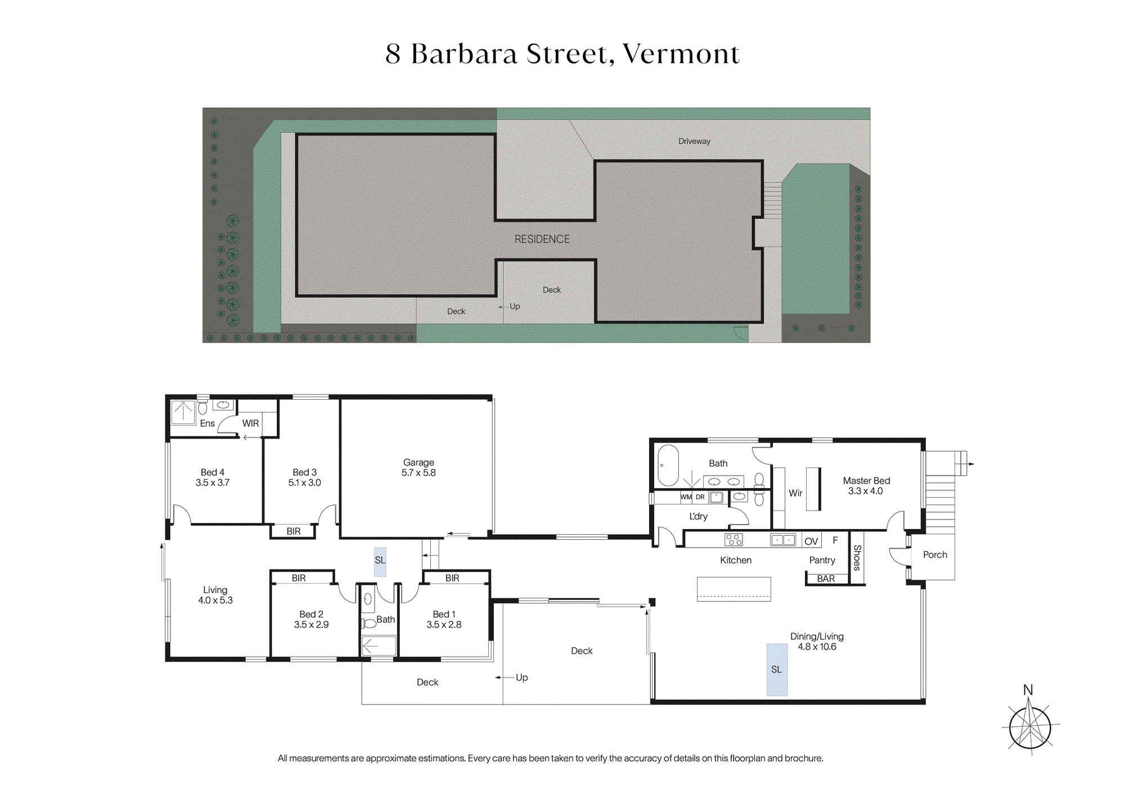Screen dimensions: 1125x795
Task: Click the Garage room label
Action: (418, 462)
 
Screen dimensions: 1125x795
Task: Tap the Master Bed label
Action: (866, 481)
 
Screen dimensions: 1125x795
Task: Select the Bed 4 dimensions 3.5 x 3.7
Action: (213, 482)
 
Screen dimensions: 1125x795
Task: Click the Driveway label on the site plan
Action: (694, 141)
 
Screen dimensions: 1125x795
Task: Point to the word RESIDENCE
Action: (542, 239)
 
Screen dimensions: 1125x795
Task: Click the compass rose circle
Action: (1030, 728)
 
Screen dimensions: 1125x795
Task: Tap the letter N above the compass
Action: (1028, 690)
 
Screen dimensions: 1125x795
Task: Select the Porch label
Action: (935, 554)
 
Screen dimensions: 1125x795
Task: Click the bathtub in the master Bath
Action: (668, 466)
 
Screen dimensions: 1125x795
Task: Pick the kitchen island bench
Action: (734, 589)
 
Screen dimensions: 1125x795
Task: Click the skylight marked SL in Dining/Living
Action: (777, 670)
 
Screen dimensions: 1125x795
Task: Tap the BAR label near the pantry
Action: (826, 579)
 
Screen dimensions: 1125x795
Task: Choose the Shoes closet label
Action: (857, 558)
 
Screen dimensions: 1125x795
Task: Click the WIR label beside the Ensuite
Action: (250, 423)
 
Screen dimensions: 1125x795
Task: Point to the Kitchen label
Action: (736, 560)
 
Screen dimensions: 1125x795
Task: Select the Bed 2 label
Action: (311, 614)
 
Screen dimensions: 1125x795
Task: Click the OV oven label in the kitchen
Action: (811, 541)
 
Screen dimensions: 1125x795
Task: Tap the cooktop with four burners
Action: (733, 540)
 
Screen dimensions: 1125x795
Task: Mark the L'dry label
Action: (699, 516)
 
